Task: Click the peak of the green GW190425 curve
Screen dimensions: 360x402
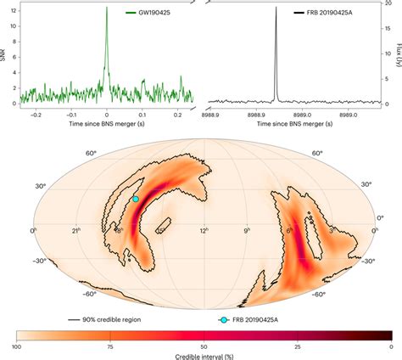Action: point(106,8)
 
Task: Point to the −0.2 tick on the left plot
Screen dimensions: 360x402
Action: point(34,112)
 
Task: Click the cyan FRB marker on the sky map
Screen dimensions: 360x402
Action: point(135,198)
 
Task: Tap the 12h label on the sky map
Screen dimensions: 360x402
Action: point(204,231)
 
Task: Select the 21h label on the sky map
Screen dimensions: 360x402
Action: point(75,231)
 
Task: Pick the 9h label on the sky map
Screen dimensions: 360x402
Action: point(247,231)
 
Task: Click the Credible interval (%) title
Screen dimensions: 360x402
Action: point(201,356)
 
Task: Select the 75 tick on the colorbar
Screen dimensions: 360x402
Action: point(109,346)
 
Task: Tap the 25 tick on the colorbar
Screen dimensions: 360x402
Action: point(297,346)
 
